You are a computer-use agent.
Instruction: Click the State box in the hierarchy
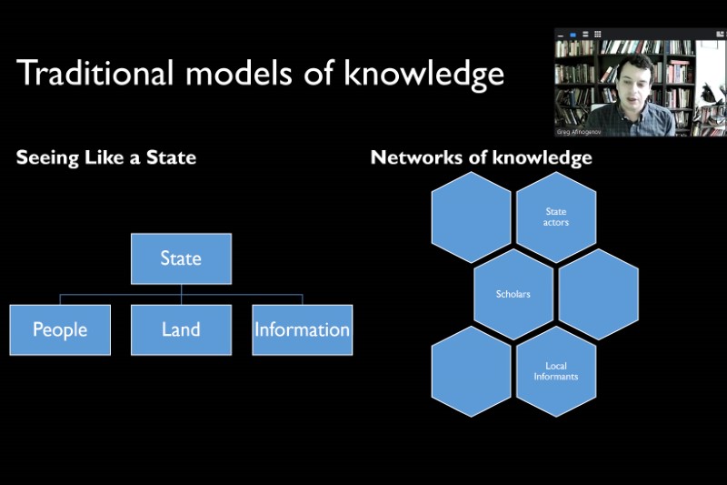point(181,258)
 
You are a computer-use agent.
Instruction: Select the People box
point(60,329)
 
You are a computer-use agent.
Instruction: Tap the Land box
point(181,329)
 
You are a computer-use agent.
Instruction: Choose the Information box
point(302,329)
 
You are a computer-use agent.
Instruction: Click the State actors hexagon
point(555,217)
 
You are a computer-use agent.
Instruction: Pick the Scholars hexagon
point(513,294)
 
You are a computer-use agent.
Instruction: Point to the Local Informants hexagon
point(555,371)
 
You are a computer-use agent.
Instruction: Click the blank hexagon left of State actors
point(471,217)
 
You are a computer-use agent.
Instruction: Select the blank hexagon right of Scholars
point(598,294)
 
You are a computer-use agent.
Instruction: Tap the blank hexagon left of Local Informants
point(471,371)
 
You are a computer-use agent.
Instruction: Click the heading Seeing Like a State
point(106,157)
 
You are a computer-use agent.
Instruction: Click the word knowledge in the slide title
point(423,73)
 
